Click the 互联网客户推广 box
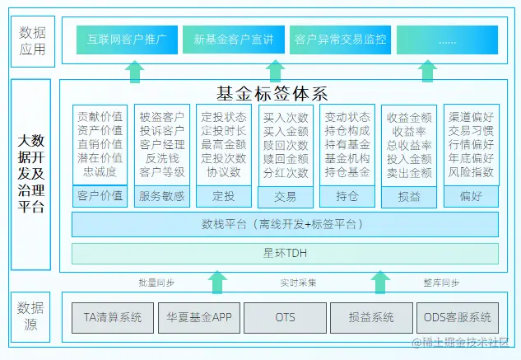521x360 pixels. tap(127, 40)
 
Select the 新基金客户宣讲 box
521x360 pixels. tap(234, 40)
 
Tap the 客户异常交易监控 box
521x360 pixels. tap(340, 40)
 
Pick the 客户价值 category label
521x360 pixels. tap(100, 196)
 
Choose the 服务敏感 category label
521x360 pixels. tap(161, 196)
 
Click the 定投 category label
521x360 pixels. tap(223, 196)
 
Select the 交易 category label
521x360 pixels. tap(285, 196)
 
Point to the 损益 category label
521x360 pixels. tap(408, 196)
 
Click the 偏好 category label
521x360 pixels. tap(471, 196)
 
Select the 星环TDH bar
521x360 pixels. tap(285, 252)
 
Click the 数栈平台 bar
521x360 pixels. tap(285, 224)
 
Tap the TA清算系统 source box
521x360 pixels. tap(113, 317)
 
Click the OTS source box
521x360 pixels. tap(285, 317)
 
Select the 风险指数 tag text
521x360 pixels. tap(471, 172)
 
